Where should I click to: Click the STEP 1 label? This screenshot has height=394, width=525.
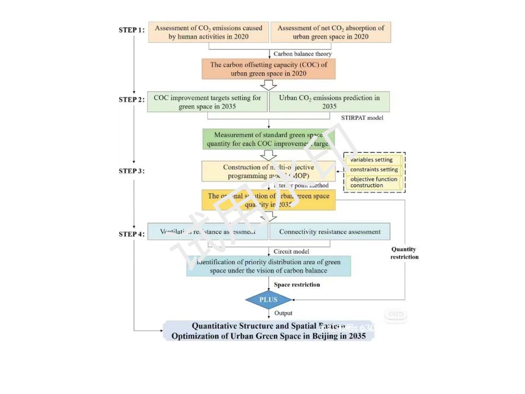(131, 30)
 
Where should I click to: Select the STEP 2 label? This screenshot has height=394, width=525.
(131, 100)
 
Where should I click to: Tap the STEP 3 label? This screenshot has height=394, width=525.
(131, 171)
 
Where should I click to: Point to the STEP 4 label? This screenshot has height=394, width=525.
(131, 234)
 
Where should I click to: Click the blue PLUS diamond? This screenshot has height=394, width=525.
(269, 299)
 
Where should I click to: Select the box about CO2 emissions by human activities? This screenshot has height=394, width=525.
(208, 32)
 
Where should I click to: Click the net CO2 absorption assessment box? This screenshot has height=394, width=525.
(331, 32)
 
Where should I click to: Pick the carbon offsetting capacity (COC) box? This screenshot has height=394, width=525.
(269, 69)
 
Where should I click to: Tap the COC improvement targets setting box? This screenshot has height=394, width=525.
(207, 102)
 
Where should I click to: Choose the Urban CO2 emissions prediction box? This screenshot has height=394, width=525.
(330, 102)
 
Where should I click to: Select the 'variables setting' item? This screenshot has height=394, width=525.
(372, 160)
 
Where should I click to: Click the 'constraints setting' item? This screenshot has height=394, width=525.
(375, 170)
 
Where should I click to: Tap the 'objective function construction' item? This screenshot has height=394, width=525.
(375, 182)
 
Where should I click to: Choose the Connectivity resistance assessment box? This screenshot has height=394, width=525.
(330, 231)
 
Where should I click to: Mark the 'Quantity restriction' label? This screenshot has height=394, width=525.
(404, 253)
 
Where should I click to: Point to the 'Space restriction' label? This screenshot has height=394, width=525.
(297, 285)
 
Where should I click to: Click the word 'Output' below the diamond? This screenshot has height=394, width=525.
(283, 313)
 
